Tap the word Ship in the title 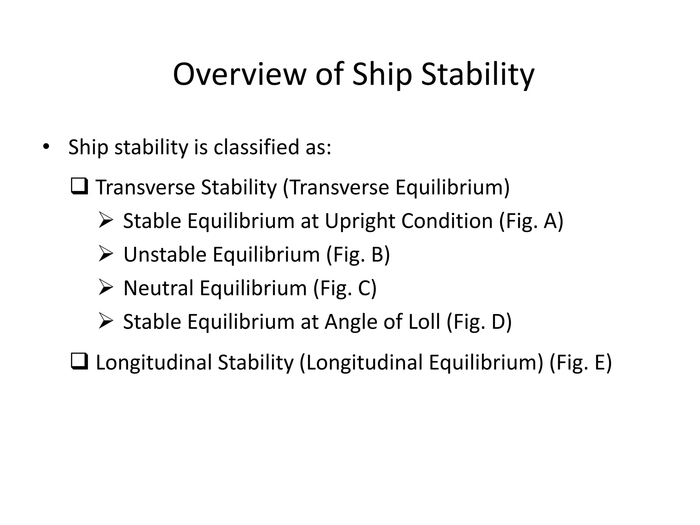pos(382,74)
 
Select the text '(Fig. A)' pos(531,221)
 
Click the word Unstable pos(165,255)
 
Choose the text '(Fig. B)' pos(358,255)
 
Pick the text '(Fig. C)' pos(345,288)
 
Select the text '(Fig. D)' pos(479,322)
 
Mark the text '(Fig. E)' pos(580,362)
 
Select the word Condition pos(447,221)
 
